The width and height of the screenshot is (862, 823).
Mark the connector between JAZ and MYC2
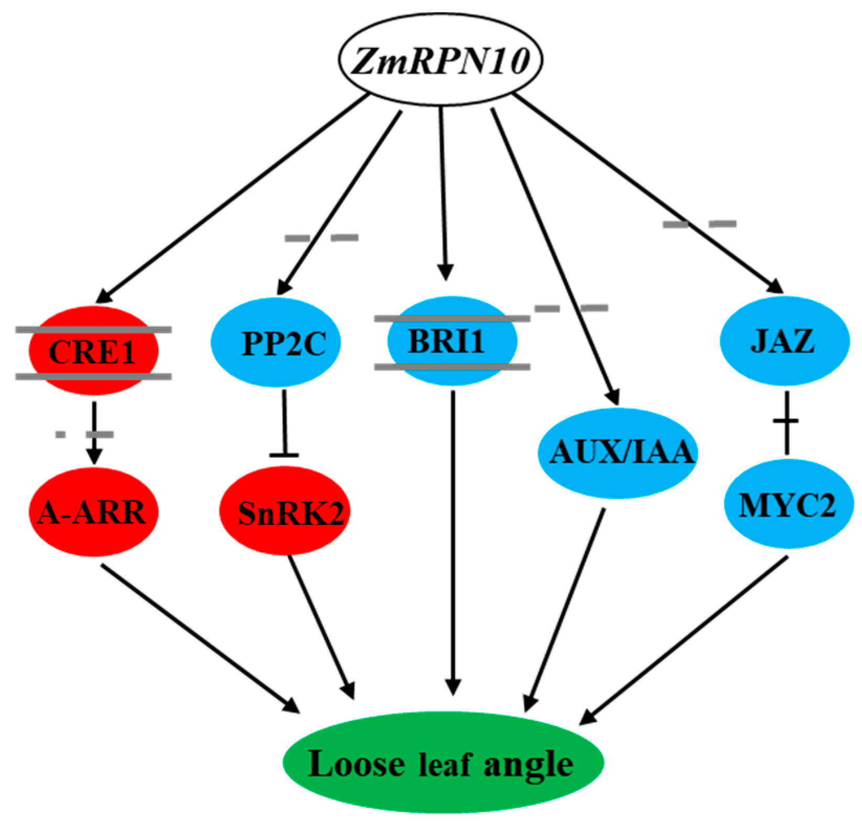point(786,422)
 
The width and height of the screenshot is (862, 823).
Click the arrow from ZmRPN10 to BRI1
point(443,194)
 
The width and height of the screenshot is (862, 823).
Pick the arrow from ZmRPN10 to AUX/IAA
point(555,257)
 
